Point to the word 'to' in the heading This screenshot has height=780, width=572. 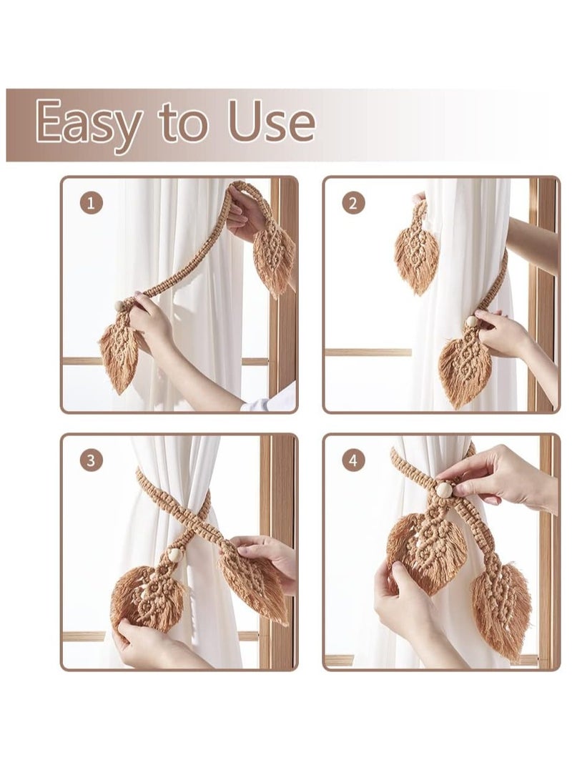pyautogui.click(x=184, y=123)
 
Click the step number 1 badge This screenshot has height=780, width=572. pyautogui.click(x=91, y=203)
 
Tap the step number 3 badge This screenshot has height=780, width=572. pyautogui.click(x=91, y=461)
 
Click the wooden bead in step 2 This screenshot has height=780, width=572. pyautogui.click(x=472, y=322)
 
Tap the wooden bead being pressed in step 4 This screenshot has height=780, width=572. pyautogui.click(x=444, y=490)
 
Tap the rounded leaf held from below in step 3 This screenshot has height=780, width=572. pyautogui.click(x=147, y=597)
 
